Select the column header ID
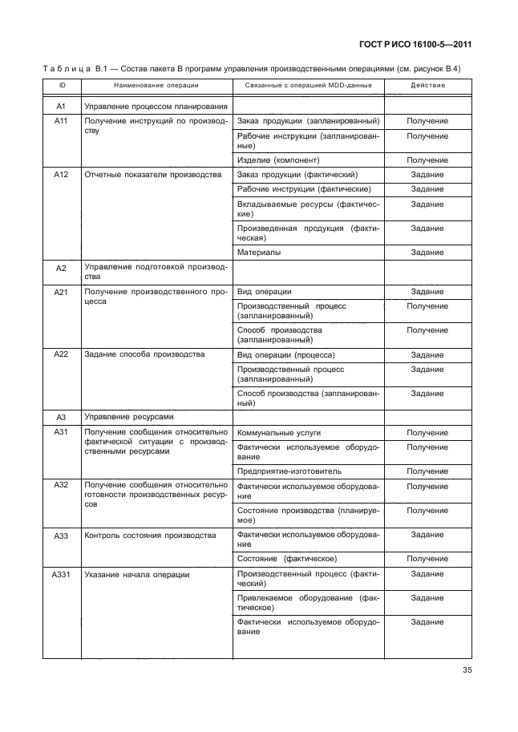pyautogui.click(x=59, y=85)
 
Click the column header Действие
pyautogui.click(x=427, y=85)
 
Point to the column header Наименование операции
pyautogui.click(x=156, y=85)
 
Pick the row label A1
pyautogui.click(x=59, y=106)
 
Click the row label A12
pyautogui.click(x=59, y=174)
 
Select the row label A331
pyautogui.click(x=59, y=574)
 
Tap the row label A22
pyautogui.click(x=59, y=354)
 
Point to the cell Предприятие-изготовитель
pyautogui.click(x=284, y=471)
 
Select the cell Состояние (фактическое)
pyautogui.click(x=286, y=557)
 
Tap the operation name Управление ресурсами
pyautogui.click(x=126, y=417)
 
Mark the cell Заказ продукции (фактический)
pyautogui.click(x=297, y=174)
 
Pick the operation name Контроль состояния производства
pyautogui.click(x=150, y=534)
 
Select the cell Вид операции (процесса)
pyautogui.click(x=286, y=354)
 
